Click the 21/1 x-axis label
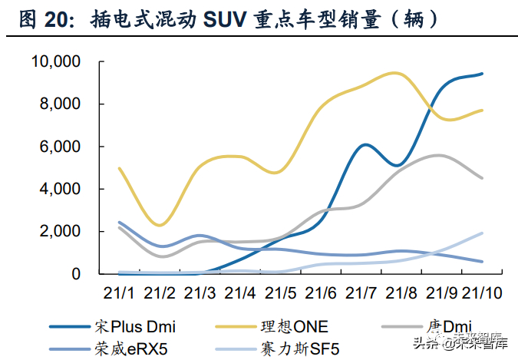tap(120, 292)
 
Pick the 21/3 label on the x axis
tap(200, 292)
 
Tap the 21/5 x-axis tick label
tap(281, 292)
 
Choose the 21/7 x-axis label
tap(361, 292)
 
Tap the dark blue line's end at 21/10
tap(482, 74)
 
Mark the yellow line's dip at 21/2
tap(160, 225)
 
